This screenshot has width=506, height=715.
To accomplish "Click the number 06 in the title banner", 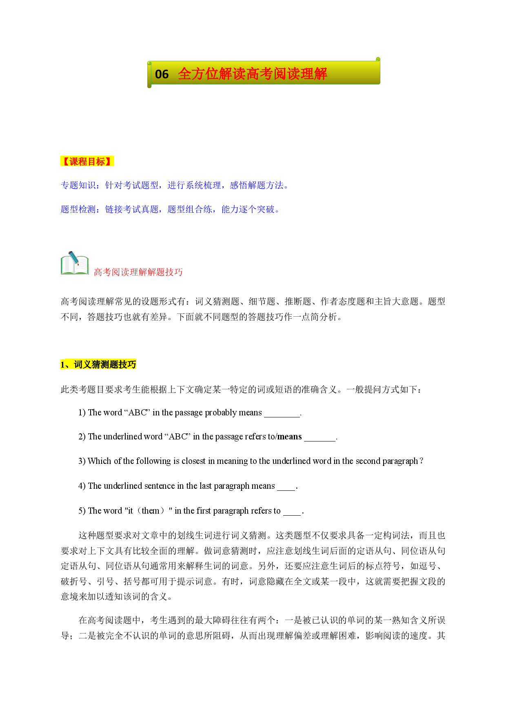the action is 162,74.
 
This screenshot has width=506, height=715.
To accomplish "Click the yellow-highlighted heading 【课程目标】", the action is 87,161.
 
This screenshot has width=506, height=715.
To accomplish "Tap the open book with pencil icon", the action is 75,263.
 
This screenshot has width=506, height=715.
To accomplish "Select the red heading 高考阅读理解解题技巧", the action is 138,272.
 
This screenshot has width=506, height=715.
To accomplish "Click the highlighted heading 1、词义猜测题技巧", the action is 98,364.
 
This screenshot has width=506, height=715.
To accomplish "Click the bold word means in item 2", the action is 289,437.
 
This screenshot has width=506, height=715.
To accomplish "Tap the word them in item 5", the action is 151,511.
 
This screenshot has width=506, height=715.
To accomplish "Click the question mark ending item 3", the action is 422,461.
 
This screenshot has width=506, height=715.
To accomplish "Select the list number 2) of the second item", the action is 82,437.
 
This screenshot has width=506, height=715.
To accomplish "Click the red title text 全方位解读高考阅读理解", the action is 253,74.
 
